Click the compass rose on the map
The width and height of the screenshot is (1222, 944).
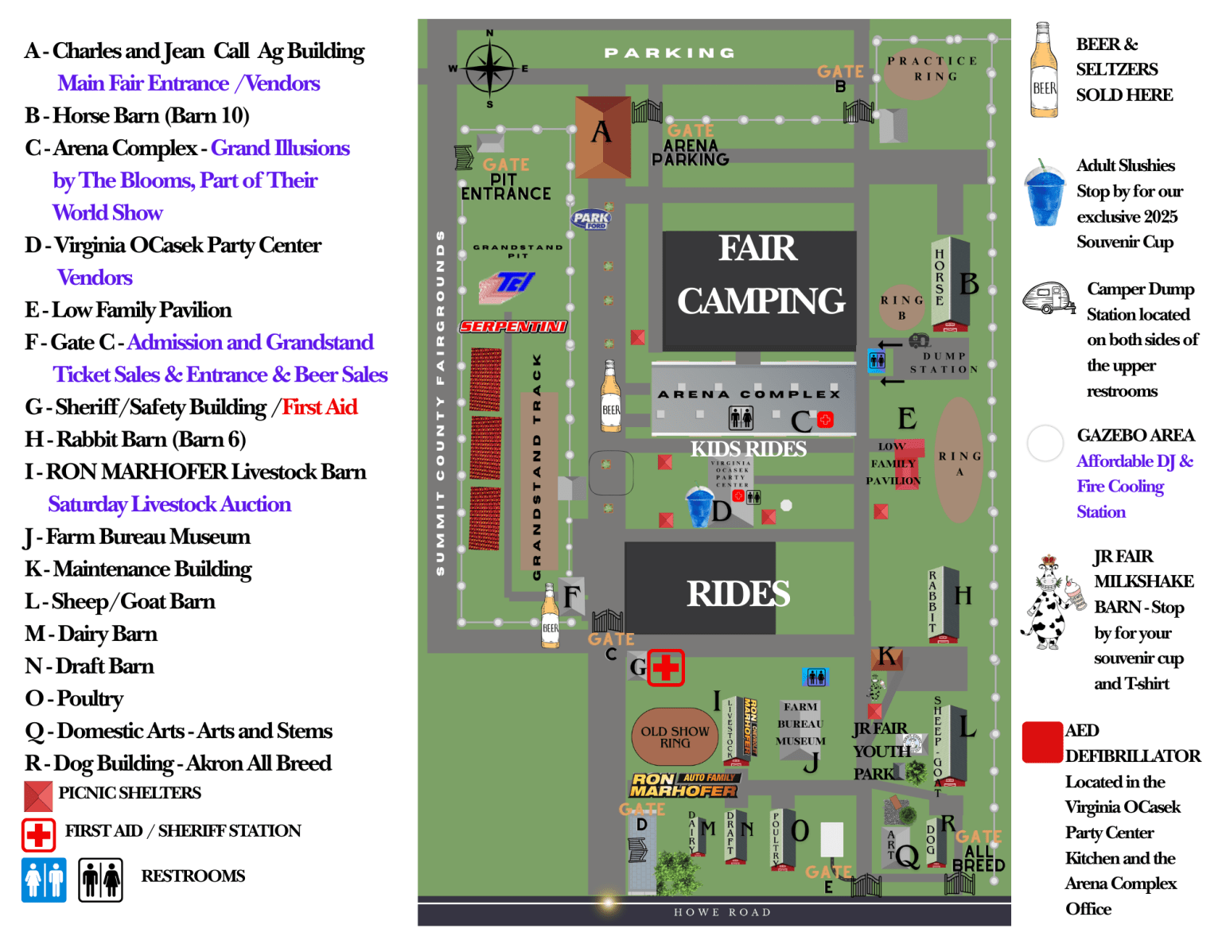tap(490, 68)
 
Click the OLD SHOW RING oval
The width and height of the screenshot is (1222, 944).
tap(675, 736)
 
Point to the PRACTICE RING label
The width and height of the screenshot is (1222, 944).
tap(933, 68)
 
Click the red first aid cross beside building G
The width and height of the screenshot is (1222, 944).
tap(666, 667)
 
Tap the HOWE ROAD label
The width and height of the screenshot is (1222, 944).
tap(722, 912)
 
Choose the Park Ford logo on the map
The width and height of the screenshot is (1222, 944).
tap(591, 219)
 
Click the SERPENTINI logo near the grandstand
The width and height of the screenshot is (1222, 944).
tap(513, 326)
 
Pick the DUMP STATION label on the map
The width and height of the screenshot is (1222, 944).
tap(944, 363)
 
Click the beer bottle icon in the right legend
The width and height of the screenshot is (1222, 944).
tap(1044, 71)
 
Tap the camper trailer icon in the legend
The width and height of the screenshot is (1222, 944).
tap(1048, 298)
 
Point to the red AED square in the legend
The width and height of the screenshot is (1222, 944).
tap(1041, 742)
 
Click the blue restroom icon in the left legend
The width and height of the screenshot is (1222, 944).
tap(44, 880)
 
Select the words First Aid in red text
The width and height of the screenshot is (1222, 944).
tap(320, 407)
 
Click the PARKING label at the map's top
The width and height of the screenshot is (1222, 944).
tap(670, 53)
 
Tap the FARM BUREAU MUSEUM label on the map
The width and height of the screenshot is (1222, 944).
tap(800, 724)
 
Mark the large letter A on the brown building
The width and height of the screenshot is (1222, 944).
tap(601, 132)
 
